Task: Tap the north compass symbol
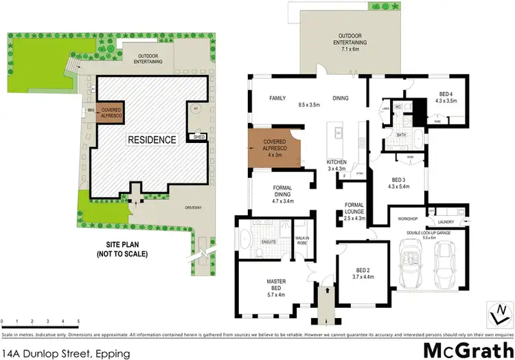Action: [x=497, y=317]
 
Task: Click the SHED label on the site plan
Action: [x=199, y=137]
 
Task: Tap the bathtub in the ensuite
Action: [x=245, y=243]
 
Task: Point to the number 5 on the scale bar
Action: [x=78, y=321]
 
